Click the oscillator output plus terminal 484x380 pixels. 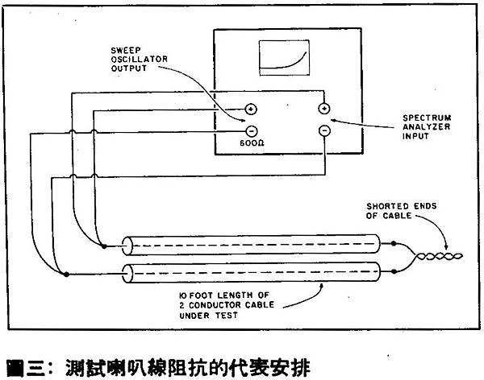pyautogui.click(x=251, y=109)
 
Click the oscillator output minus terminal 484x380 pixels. pyautogui.click(x=252, y=131)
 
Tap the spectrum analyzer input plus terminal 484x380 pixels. pyautogui.click(x=324, y=109)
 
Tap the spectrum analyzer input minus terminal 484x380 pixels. pyautogui.click(x=324, y=131)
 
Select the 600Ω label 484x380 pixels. pyautogui.click(x=252, y=143)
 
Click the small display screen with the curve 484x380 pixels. pyautogui.click(x=284, y=58)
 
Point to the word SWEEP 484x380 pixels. pyautogui.click(x=126, y=50)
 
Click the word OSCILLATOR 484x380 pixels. pyautogui.click(x=140, y=59)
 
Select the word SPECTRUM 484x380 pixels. pyautogui.click(x=427, y=118)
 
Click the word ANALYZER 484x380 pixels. pyautogui.click(x=426, y=126)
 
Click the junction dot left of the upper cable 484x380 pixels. pyautogui.click(x=104, y=246)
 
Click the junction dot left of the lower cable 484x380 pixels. pyautogui.click(x=66, y=274)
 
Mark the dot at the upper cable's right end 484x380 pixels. pyautogui.click(x=394, y=243)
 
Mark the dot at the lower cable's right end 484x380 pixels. pyautogui.click(x=394, y=271)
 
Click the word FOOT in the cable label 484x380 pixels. pyautogui.click(x=201, y=295)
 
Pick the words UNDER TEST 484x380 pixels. pyautogui.click(x=209, y=316)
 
